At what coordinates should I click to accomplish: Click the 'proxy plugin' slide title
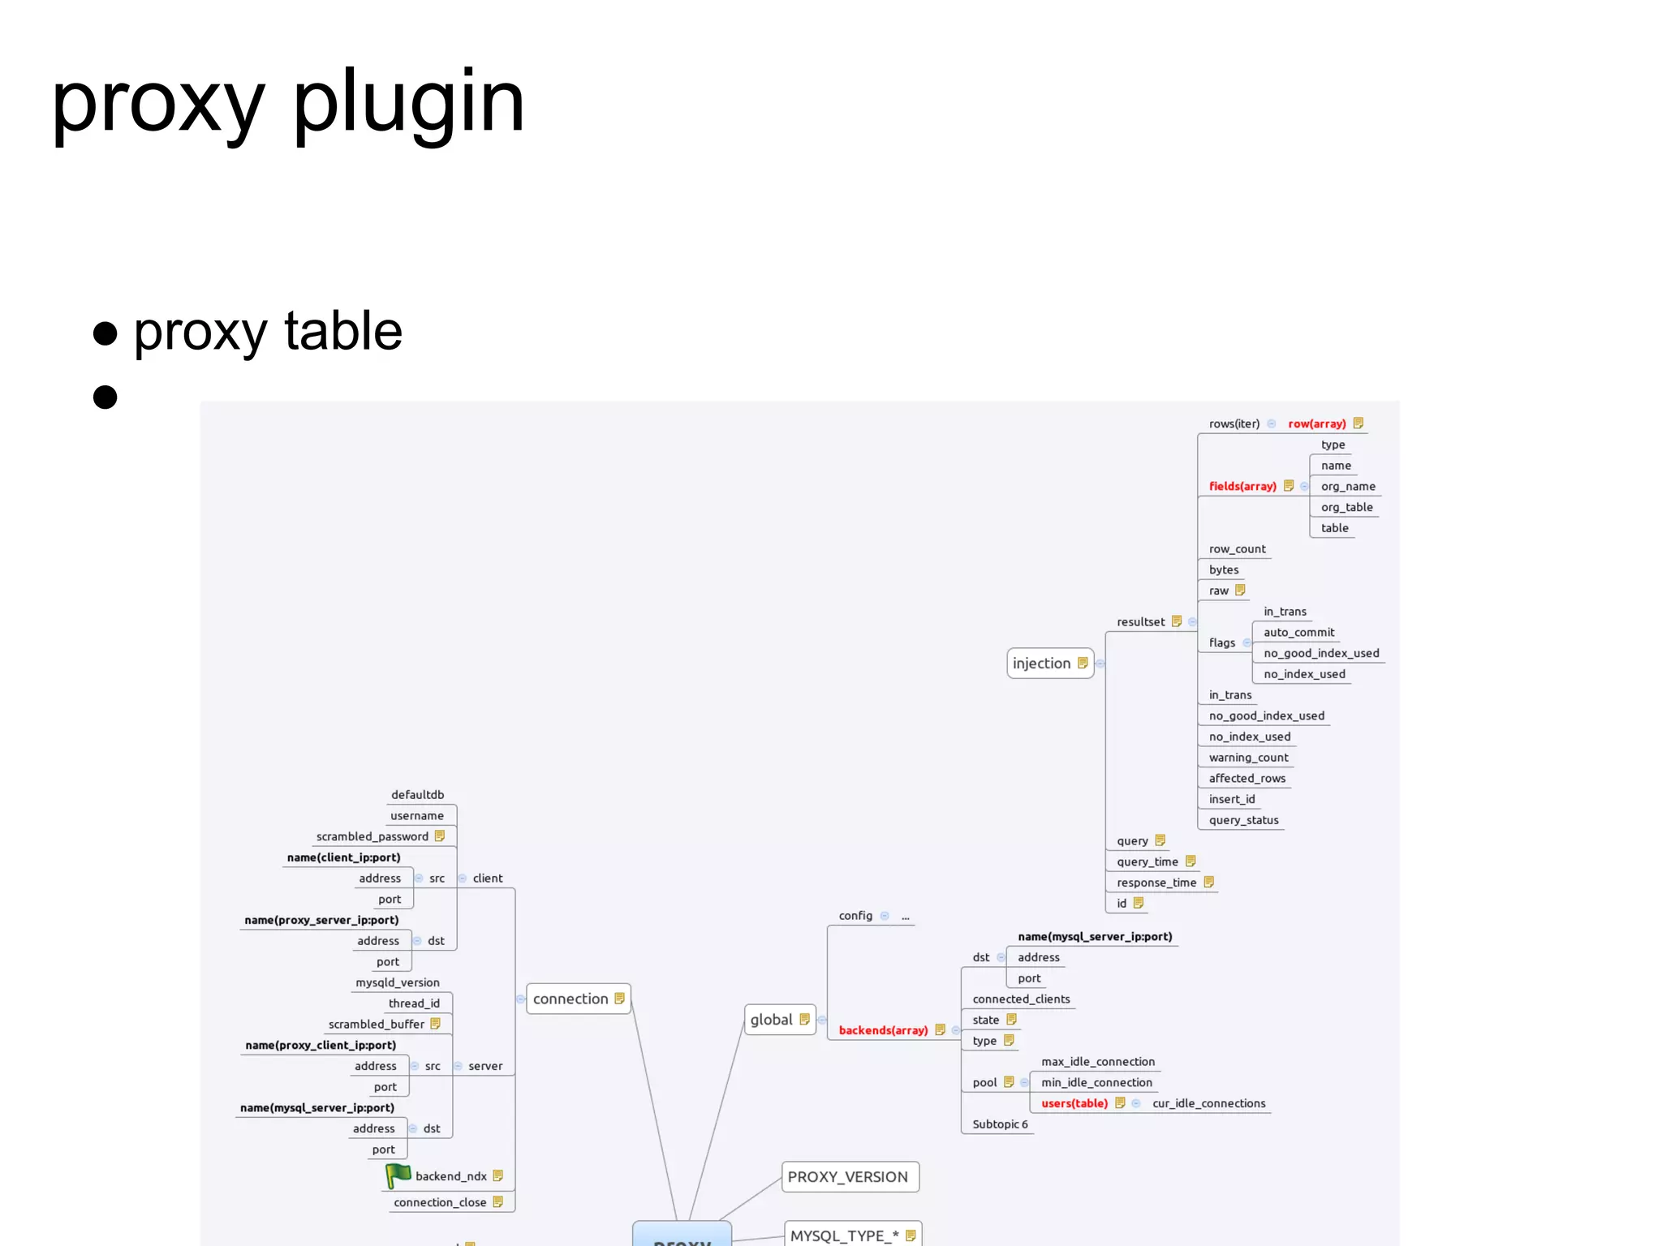288,103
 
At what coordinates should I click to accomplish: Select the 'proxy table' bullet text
268,331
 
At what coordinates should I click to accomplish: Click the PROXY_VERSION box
848,1177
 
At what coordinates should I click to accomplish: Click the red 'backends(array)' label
883,1030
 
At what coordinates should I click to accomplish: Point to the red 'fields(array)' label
1242,486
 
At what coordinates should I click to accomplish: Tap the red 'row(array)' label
1316,423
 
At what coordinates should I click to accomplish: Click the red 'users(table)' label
1074,1103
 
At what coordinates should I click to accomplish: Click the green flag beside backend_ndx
398,1175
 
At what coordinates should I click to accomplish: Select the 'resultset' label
1140,622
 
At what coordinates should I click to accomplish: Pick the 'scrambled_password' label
372,836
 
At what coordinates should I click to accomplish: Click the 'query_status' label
1243,820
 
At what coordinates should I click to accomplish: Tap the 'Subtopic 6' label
1000,1124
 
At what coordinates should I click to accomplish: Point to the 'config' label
855,916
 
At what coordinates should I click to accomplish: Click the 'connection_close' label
440,1202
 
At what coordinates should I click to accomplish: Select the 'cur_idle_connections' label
1208,1103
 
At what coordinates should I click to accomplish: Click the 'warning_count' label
1248,758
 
